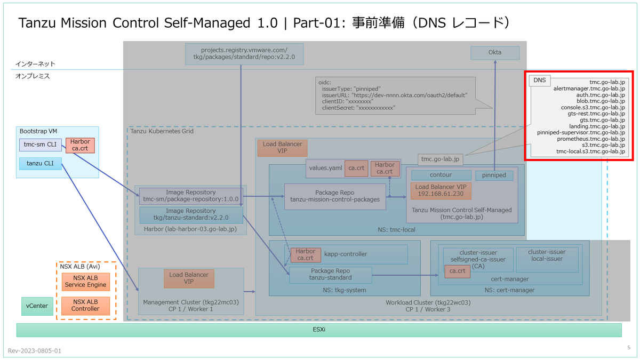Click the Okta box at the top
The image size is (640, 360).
(x=495, y=53)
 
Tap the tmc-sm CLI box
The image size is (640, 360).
(x=41, y=145)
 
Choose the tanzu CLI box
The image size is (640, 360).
(x=41, y=164)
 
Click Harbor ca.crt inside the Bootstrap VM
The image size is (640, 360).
(x=80, y=145)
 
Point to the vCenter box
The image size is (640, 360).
(x=37, y=306)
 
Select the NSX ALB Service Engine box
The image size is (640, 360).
(x=85, y=281)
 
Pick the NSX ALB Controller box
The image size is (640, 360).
(x=85, y=305)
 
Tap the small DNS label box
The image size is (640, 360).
(x=540, y=81)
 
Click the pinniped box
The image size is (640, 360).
(x=494, y=175)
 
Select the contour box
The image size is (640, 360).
(x=441, y=175)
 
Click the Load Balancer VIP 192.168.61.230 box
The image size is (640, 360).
(x=441, y=191)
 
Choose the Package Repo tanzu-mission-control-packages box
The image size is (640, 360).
(x=334, y=196)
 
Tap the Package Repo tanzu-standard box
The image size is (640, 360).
(x=330, y=274)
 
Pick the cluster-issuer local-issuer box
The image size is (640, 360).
(x=547, y=255)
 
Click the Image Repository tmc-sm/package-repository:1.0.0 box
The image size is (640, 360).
(x=190, y=196)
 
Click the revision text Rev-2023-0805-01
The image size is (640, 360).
(x=35, y=351)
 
